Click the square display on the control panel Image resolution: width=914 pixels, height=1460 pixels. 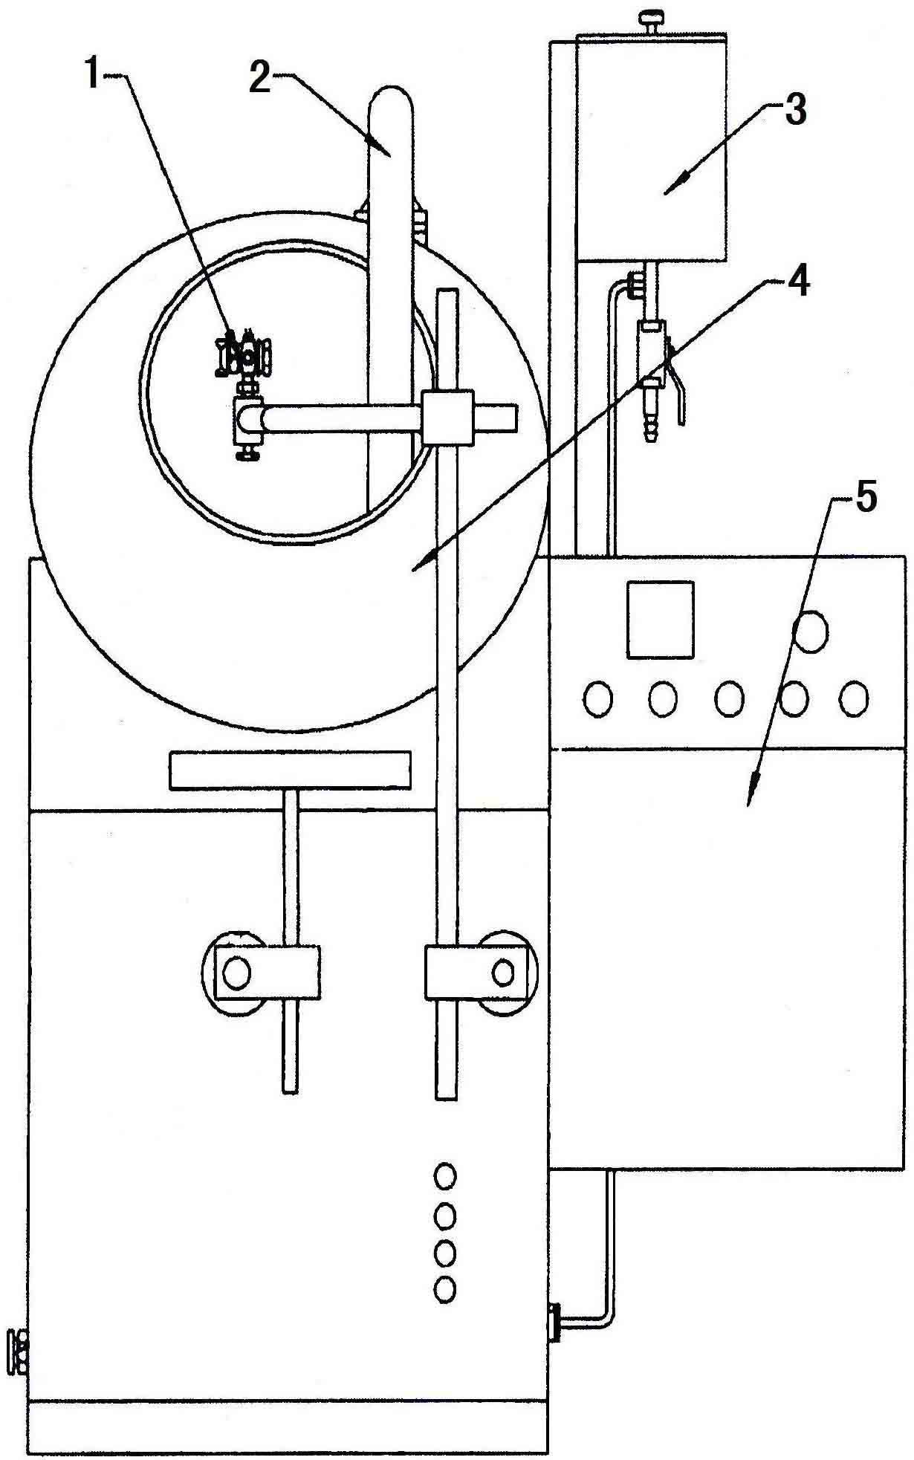[661, 620]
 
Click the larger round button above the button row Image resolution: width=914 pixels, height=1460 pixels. [810, 630]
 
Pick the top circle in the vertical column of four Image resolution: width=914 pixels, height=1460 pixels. [445, 1176]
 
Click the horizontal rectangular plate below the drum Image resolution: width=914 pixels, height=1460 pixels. [290, 770]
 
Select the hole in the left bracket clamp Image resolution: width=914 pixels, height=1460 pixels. [236, 973]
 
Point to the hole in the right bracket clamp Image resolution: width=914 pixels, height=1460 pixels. [503, 972]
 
